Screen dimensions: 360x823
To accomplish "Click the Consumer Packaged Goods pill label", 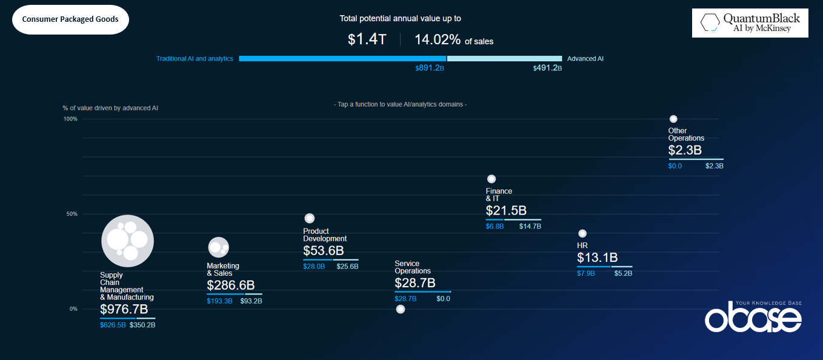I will [x=70, y=19].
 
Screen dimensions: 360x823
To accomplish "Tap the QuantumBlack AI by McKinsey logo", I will [x=750, y=23].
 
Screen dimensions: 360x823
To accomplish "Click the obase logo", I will [x=753, y=316].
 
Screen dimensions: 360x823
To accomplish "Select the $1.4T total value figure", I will [x=367, y=40].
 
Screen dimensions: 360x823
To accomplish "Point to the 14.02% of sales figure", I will [x=453, y=40].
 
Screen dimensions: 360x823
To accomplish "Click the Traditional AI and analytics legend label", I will [x=195, y=59].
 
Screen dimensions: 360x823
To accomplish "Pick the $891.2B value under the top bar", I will [x=430, y=68].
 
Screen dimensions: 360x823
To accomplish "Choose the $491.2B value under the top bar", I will [x=547, y=68].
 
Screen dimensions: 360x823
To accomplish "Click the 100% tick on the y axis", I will [x=70, y=119].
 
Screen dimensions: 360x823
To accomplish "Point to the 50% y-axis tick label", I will [x=72, y=214].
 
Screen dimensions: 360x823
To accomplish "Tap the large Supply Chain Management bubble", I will [x=127, y=241].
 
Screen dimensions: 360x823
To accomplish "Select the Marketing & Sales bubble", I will [x=218, y=247].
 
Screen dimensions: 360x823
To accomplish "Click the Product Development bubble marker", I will [x=309, y=218].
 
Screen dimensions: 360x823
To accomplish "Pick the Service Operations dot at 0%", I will [x=400, y=309].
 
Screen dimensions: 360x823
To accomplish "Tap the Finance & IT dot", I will [x=491, y=179].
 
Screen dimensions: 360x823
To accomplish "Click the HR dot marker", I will [x=582, y=233].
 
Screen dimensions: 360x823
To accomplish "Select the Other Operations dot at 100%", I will [x=673, y=119].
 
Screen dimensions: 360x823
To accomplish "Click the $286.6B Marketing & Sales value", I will [x=231, y=285].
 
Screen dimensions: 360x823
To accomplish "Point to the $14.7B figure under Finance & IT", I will [x=530, y=227].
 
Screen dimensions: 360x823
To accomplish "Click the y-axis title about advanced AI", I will [x=110, y=108].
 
